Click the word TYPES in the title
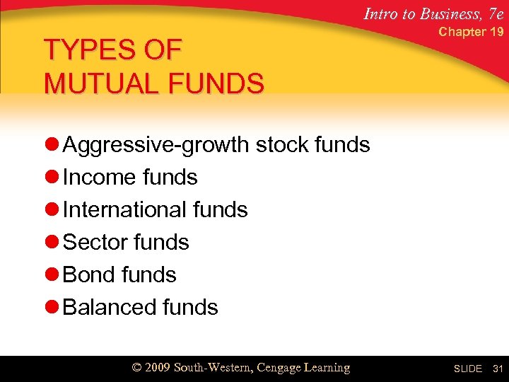pyautogui.click(x=89, y=50)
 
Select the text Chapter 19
pyautogui.click(x=471, y=32)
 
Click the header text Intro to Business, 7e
pyautogui.click(x=433, y=12)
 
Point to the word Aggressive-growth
pyautogui.click(x=156, y=145)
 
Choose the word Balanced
pyautogui.click(x=107, y=307)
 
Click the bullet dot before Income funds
pyautogui.click(x=51, y=178)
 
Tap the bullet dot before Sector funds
pyautogui.click(x=51, y=243)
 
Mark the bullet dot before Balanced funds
pyautogui.click(x=51, y=308)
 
